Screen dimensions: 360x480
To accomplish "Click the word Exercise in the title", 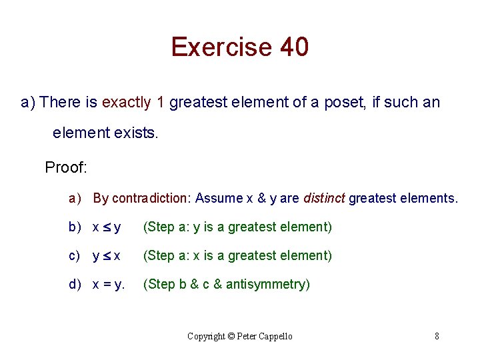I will pyautogui.click(x=221, y=47).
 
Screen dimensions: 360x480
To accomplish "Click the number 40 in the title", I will pyautogui.click(x=294, y=47).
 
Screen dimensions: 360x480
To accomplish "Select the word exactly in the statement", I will pyautogui.click(x=127, y=102).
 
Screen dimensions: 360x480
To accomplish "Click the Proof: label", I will pyautogui.click(x=66, y=167).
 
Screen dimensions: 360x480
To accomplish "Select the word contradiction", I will pyautogui.click(x=151, y=198).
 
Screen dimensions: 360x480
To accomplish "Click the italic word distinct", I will pyautogui.click(x=324, y=198).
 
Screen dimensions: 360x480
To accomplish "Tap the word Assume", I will pyautogui.click(x=221, y=198).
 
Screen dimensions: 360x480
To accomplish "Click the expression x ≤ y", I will pyautogui.click(x=107, y=227).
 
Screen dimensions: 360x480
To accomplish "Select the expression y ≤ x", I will pyautogui.click(x=107, y=256).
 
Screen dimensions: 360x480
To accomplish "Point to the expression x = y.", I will pyautogui.click(x=109, y=285).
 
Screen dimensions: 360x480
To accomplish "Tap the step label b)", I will pyautogui.click(x=75, y=227).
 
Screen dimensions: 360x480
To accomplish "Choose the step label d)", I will pyautogui.click(x=75, y=285).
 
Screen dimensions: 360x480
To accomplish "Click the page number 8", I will pyautogui.click(x=437, y=336).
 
